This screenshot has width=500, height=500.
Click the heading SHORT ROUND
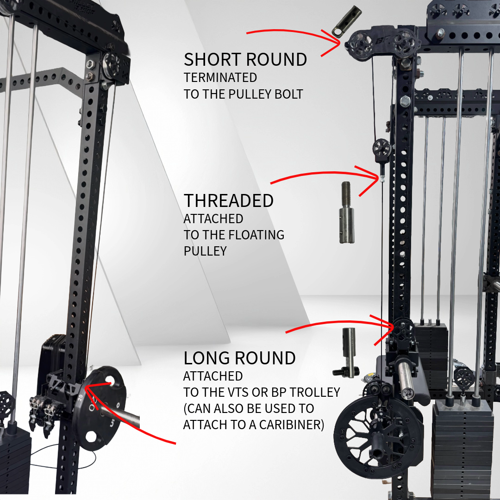pos(245,60)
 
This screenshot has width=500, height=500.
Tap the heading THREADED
pos(229,201)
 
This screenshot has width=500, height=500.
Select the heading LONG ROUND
pos(239,358)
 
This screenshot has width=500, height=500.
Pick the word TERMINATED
pos(220,77)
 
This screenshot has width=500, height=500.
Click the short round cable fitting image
pos(346,21)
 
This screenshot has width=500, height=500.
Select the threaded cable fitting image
pos(346,212)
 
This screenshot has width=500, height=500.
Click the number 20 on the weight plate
pos(80,397)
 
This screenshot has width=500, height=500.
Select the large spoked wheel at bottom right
pos(378,437)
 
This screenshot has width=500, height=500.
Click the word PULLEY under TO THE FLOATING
pos(205,251)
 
